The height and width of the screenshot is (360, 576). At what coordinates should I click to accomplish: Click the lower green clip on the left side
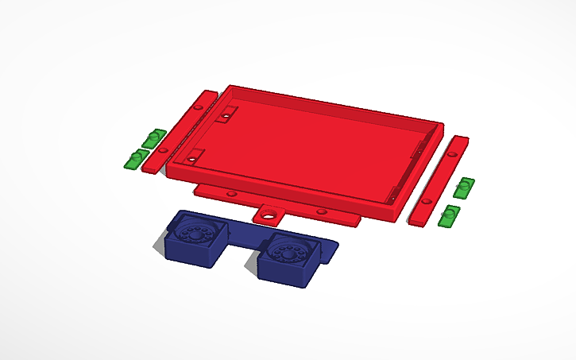point(134,159)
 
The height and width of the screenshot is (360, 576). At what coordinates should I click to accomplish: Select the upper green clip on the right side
point(464,188)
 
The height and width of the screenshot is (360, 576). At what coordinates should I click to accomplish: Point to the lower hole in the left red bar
point(163,149)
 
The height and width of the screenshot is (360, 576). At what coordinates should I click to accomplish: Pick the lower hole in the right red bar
point(427,203)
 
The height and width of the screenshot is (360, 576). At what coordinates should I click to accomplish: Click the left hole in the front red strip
point(230,194)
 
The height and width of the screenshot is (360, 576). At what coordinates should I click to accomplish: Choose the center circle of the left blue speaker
point(193,234)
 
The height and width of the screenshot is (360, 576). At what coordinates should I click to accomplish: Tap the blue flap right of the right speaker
point(331,249)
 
